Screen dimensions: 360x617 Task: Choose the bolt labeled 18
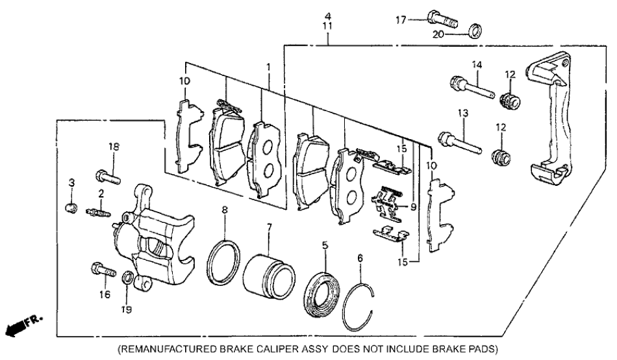click(x=108, y=175)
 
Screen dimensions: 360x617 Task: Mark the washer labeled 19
click(x=128, y=279)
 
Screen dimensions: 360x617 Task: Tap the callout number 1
click(x=268, y=67)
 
